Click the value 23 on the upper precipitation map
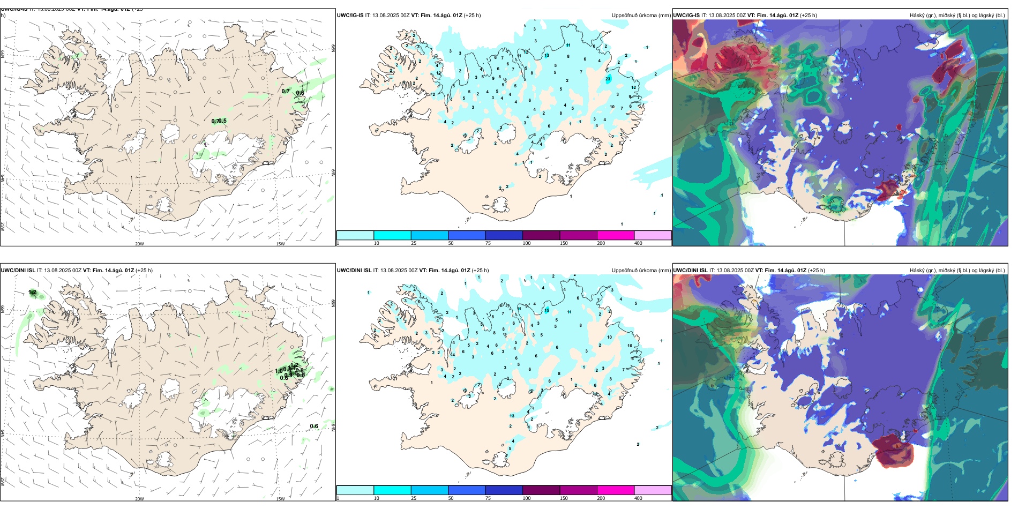click(608, 79)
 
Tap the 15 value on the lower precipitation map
click(547, 310)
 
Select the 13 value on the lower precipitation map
click(512, 416)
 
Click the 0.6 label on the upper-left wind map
click(300, 93)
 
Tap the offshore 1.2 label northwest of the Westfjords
click(33, 292)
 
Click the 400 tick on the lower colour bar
click(638, 498)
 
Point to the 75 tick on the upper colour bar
click(488, 243)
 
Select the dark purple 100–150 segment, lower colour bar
click(541, 490)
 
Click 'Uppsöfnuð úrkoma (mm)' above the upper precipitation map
click(641, 16)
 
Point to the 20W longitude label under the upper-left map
click(139, 244)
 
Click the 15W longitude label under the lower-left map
click(280, 499)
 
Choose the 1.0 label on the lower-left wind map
click(279, 371)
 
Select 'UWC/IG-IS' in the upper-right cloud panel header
click(686, 16)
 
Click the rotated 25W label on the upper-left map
click(3, 226)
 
